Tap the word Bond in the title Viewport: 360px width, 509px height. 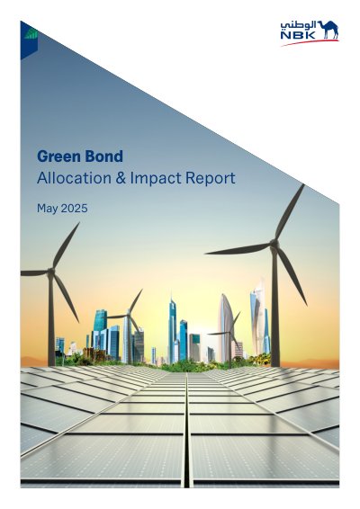point(102,156)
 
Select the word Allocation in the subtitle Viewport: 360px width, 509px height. point(74,178)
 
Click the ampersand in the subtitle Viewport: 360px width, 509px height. point(121,178)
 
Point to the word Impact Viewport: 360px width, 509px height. point(156,179)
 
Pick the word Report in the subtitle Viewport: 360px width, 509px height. point(211,179)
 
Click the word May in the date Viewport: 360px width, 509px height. point(47,209)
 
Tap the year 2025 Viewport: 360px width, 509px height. point(75,208)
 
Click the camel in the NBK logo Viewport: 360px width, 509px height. point(328,30)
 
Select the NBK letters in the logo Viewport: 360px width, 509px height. point(298,35)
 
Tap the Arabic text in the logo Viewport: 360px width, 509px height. point(298,25)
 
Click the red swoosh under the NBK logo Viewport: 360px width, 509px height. point(310,42)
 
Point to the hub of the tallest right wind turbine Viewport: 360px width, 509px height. point(274,243)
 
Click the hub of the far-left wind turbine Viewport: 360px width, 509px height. point(50,272)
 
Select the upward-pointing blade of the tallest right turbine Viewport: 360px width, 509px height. point(290,211)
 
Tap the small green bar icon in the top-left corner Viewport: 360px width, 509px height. point(31,33)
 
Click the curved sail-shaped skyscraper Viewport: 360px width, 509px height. point(225,328)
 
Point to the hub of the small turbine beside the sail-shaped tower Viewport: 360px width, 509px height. point(230,332)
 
